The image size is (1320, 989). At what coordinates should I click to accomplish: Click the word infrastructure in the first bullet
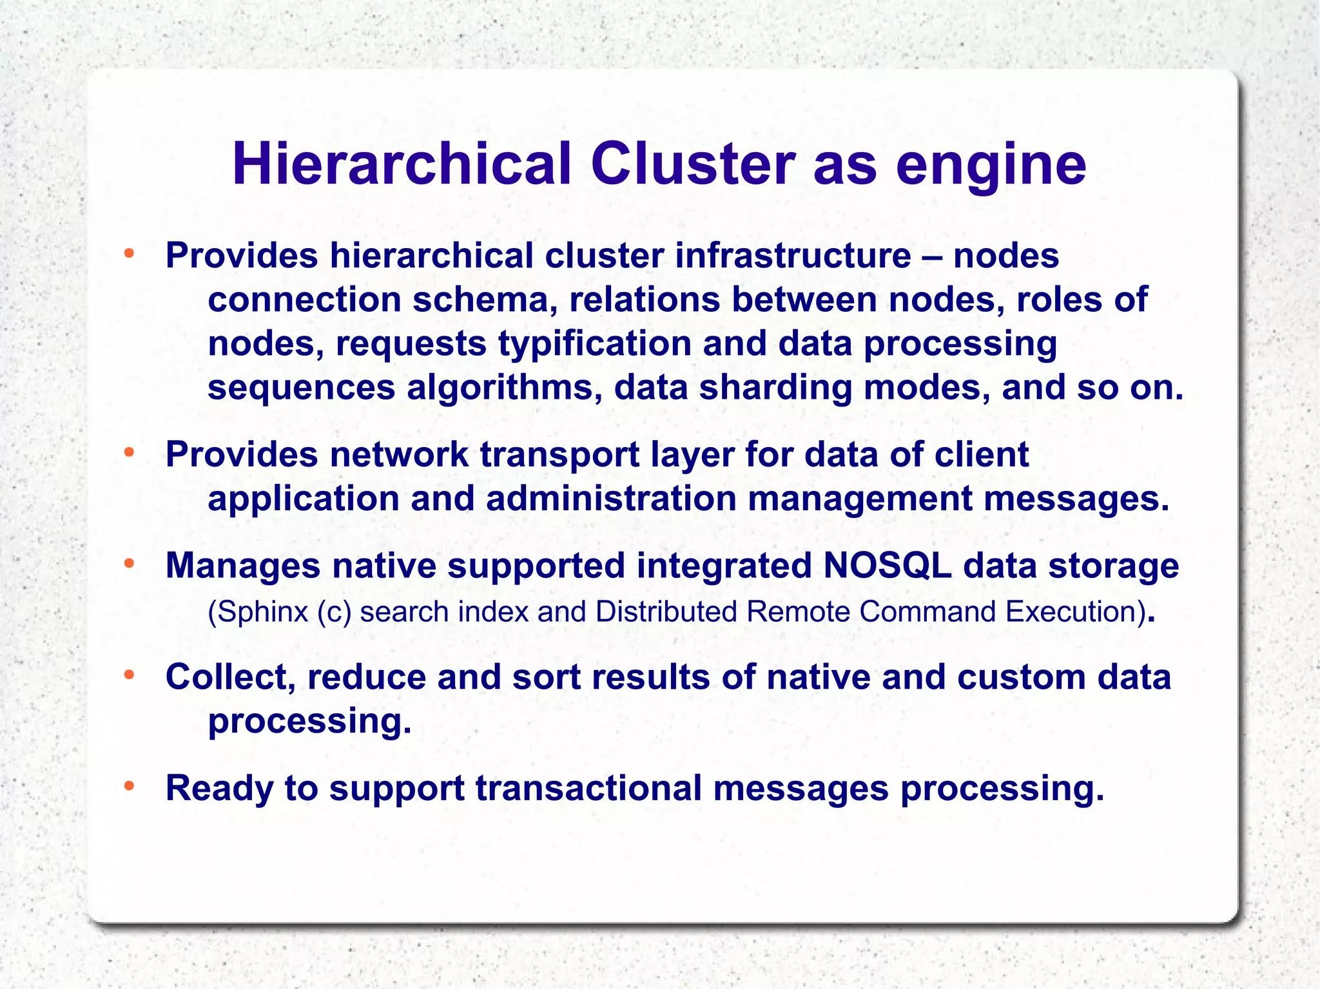(x=793, y=255)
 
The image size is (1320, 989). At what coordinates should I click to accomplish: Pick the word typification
(x=594, y=343)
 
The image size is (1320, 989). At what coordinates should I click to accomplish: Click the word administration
(x=611, y=499)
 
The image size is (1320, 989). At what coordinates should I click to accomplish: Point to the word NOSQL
(x=887, y=566)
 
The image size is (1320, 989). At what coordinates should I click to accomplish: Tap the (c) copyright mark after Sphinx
(x=334, y=612)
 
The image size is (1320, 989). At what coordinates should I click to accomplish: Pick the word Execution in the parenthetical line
(x=1071, y=611)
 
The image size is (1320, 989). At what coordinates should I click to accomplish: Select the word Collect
(x=230, y=678)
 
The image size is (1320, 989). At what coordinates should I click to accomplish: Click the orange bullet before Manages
(x=129, y=564)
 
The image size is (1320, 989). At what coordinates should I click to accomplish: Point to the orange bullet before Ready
(x=129, y=786)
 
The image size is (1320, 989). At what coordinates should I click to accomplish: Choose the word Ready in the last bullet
(x=219, y=789)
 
